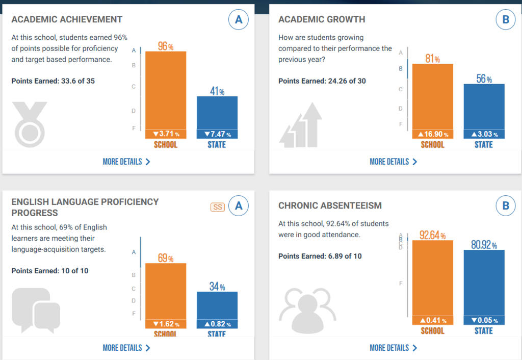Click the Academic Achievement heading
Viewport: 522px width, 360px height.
tap(67, 20)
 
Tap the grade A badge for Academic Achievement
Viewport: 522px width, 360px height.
tap(238, 20)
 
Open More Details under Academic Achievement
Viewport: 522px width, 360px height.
tap(126, 162)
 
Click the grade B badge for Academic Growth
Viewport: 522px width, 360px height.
tap(506, 20)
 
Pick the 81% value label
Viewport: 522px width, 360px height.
tap(433, 58)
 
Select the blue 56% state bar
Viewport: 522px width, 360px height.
tap(484, 106)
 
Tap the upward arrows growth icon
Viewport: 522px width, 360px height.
tap(301, 124)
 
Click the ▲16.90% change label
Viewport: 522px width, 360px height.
tap(433, 134)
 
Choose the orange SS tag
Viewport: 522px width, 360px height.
tap(217, 207)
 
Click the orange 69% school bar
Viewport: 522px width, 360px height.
tap(166, 291)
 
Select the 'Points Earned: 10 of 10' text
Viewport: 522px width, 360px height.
tap(50, 271)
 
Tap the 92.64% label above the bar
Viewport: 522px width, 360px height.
tap(432, 235)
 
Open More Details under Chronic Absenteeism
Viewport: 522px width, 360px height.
tap(393, 348)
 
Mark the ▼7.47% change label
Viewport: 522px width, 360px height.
tap(217, 134)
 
